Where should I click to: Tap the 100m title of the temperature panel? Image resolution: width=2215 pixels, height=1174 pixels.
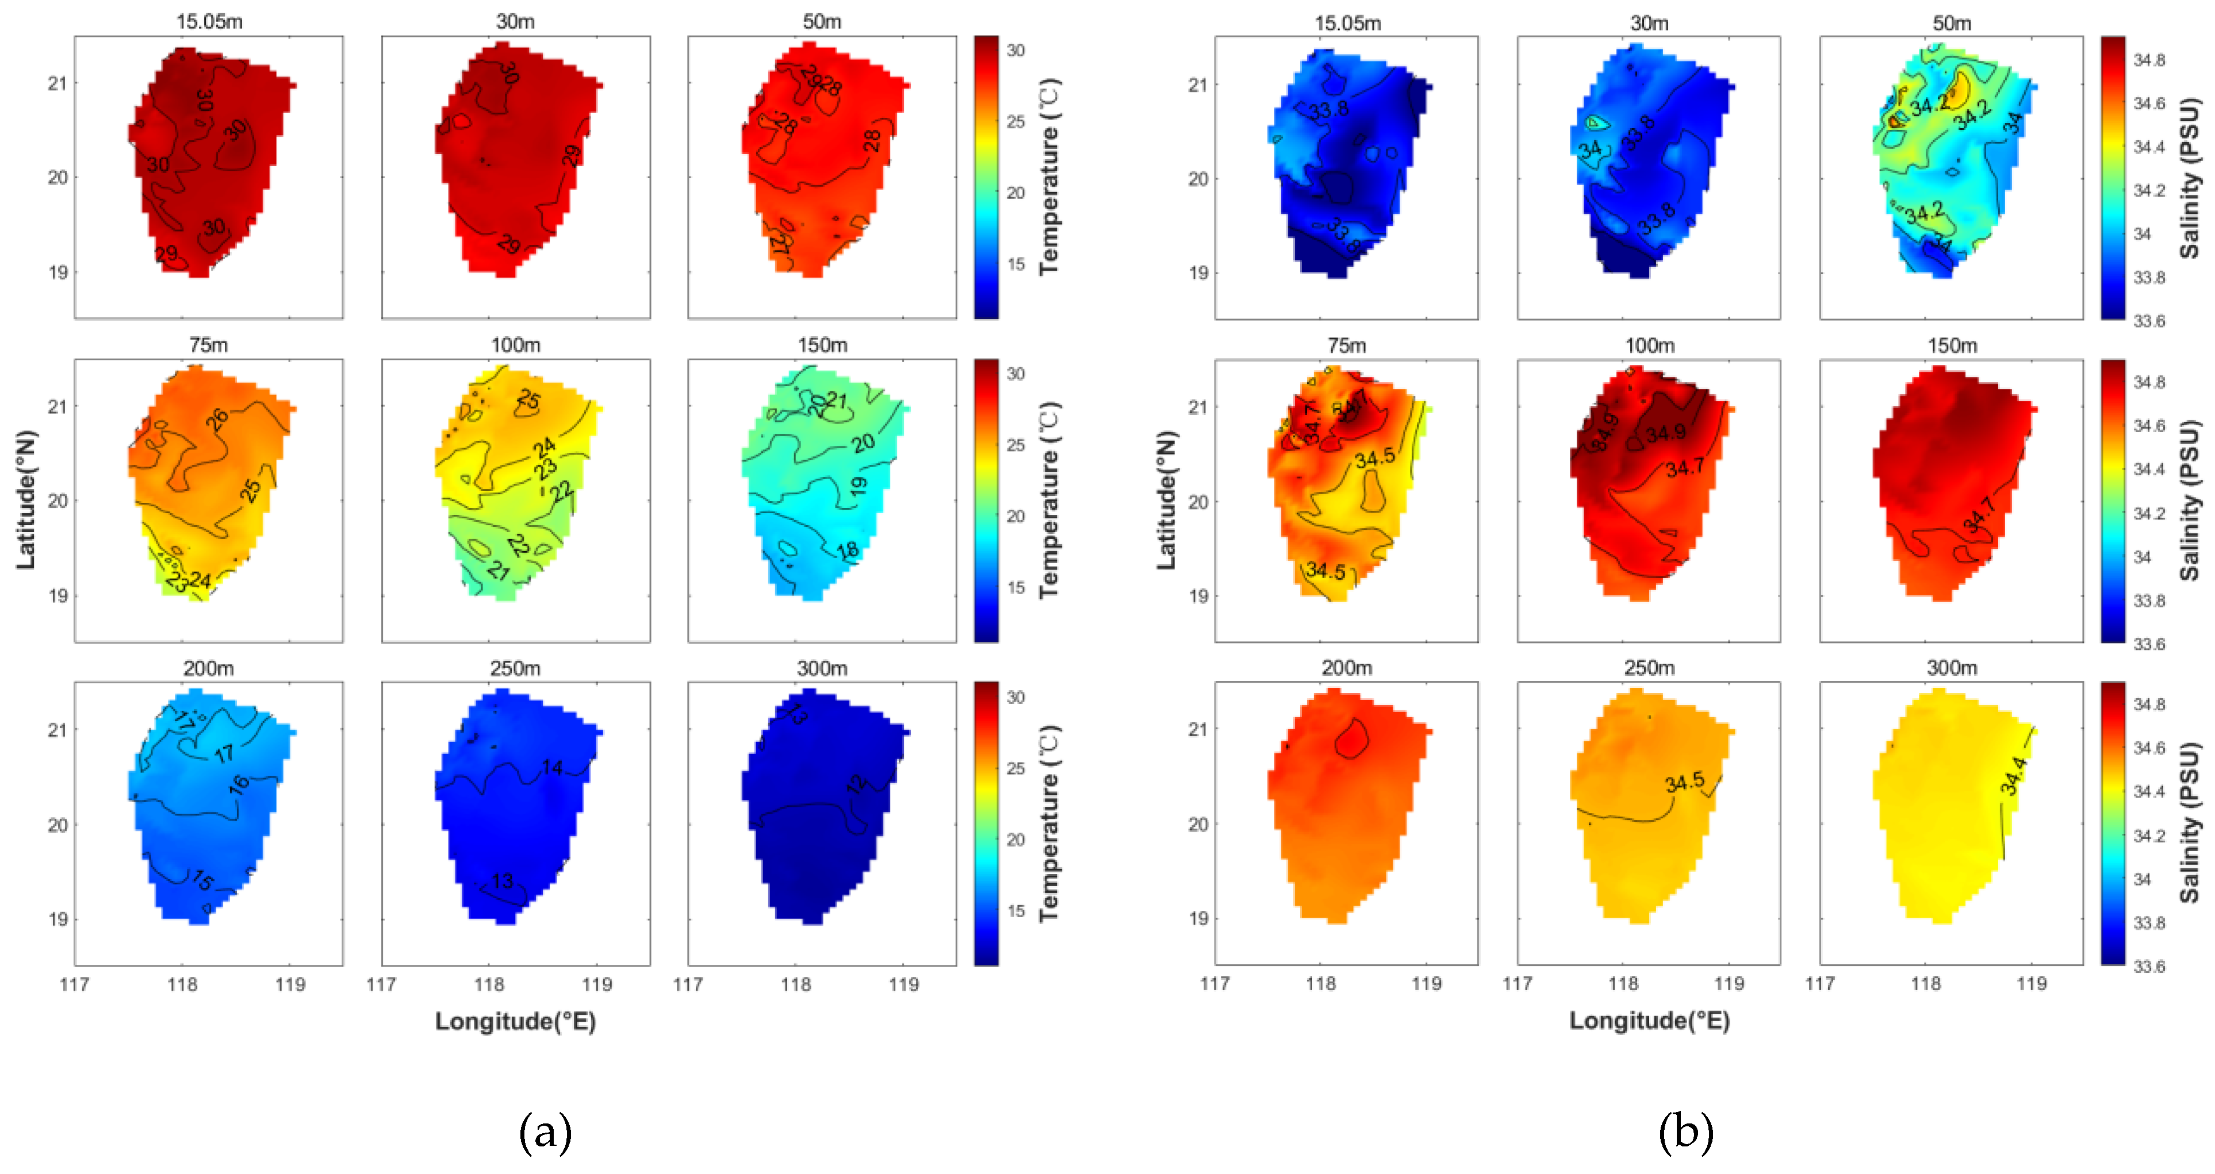(x=515, y=345)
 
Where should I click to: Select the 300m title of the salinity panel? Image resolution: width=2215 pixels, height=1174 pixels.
(x=1951, y=668)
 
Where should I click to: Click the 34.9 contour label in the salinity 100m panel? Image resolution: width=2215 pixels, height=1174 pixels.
(x=1665, y=433)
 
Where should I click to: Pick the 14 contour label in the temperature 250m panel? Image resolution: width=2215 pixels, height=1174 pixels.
(x=552, y=767)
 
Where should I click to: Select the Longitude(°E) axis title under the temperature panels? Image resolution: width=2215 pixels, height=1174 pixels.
(x=515, y=1021)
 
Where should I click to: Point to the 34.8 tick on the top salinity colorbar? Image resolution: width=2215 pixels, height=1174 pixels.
(x=2149, y=59)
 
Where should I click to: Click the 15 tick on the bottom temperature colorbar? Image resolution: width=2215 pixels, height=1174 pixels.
(x=1015, y=911)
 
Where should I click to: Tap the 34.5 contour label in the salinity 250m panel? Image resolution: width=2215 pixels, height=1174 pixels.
(x=1684, y=782)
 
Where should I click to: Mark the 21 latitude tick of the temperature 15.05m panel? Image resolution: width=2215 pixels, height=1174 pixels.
(x=57, y=83)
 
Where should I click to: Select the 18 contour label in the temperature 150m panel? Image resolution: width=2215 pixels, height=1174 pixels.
(x=847, y=550)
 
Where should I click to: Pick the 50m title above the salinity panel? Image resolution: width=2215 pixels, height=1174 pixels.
(x=1951, y=23)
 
